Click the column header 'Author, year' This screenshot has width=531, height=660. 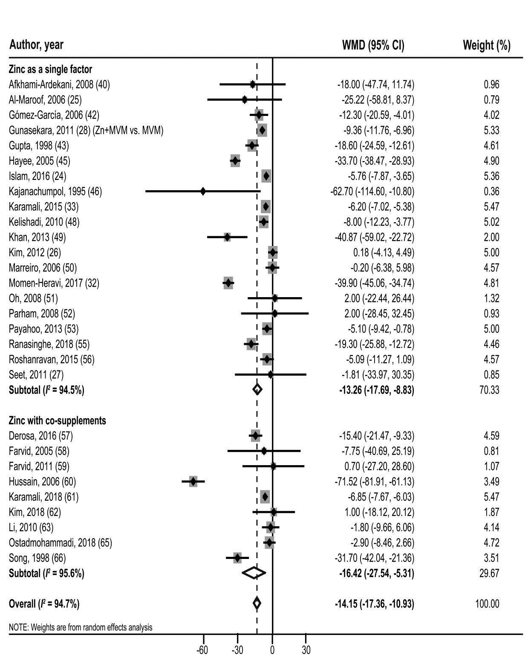pos(36,45)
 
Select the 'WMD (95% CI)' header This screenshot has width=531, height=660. pos(373,45)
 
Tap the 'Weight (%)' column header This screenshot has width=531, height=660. pos(486,45)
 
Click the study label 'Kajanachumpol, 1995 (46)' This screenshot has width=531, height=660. pos(55,191)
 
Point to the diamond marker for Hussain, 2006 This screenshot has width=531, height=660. pos(193,481)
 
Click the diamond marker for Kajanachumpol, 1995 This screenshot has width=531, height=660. pos(203,191)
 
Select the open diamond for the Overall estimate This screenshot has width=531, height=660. pos(257,603)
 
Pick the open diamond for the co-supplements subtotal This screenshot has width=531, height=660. pos(254,573)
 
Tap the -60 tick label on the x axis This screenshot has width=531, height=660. pos(202,651)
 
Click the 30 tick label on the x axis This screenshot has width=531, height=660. pos(306,651)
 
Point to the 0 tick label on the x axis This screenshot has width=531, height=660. pos(272,651)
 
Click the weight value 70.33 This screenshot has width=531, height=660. pos(489,390)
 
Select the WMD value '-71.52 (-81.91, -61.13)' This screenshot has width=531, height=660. pos(374,482)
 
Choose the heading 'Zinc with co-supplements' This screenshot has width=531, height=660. pos(58,420)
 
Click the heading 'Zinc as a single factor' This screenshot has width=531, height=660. pos(50,69)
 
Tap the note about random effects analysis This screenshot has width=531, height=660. pos(81,627)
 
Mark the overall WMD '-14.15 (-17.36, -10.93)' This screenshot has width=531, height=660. pos(374,604)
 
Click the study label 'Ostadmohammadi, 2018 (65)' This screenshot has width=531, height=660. pos(60,543)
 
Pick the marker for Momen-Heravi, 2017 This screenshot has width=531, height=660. pos(228,283)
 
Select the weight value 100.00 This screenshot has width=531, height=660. pos(487,604)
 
